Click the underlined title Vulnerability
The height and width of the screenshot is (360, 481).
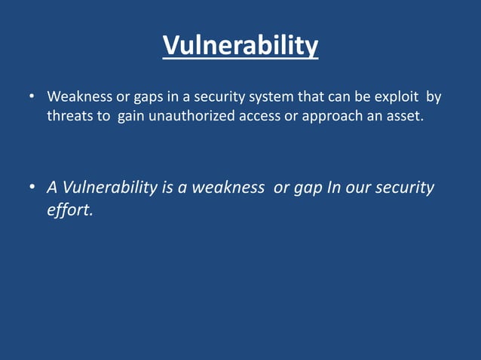[240, 47]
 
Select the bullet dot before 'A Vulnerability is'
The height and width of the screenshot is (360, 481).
[32, 188]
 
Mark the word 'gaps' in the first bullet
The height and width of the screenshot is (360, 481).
[150, 98]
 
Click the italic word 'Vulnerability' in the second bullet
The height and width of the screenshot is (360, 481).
[109, 187]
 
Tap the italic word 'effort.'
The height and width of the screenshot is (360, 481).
[70, 210]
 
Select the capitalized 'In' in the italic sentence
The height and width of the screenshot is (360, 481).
[335, 187]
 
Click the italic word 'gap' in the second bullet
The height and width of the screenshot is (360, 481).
[308, 188]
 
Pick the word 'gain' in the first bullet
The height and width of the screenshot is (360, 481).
[132, 118]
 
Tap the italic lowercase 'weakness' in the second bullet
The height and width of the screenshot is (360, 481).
[228, 187]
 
